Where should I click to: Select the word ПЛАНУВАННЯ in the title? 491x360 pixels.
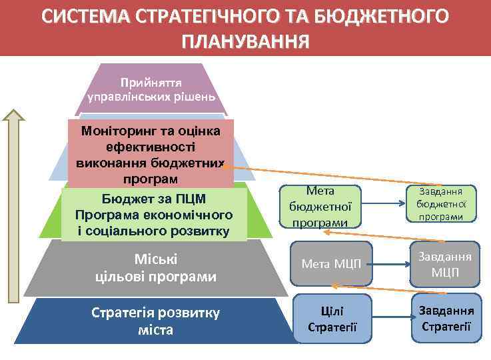coord(245,41)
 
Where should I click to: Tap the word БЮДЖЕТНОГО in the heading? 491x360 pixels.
coord(381,16)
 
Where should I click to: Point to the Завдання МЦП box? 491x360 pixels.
coord(445,265)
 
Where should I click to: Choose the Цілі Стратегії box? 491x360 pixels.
coord(332,319)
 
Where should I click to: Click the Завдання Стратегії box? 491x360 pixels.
coord(446,318)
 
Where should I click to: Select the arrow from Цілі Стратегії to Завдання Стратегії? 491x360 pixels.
coord(391,318)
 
